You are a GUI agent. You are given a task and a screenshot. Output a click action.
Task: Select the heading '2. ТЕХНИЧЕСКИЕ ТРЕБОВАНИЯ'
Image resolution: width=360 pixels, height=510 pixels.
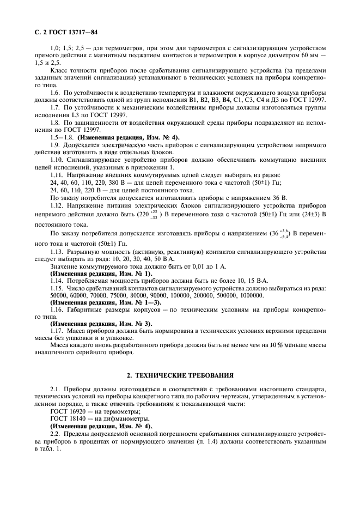(180, 375)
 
